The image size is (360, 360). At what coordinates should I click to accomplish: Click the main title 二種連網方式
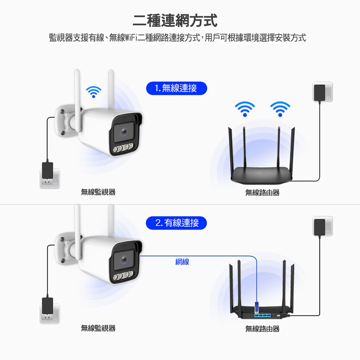pyautogui.click(x=175, y=21)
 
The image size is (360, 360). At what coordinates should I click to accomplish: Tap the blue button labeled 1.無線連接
pyautogui.click(x=176, y=88)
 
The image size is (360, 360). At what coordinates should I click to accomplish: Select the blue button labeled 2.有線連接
pyautogui.click(x=176, y=223)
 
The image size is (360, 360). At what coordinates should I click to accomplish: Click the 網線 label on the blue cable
pyautogui.click(x=182, y=262)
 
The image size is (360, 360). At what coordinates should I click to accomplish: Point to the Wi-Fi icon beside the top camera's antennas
pyautogui.click(x=94, y=91)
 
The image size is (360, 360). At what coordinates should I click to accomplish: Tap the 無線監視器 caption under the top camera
pyautogui.click(x=98, y=192)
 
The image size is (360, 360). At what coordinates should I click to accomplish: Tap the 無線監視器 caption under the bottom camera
pyautogui.click(x=98, y=328)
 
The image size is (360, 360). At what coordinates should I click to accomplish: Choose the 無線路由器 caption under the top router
pyautogui.click(x=262, y=193)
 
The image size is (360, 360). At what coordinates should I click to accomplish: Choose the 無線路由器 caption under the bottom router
pyautogui.click(x=262, y=329)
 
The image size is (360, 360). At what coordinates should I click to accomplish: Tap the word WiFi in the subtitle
pyautogui.click(x=131, y=37)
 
